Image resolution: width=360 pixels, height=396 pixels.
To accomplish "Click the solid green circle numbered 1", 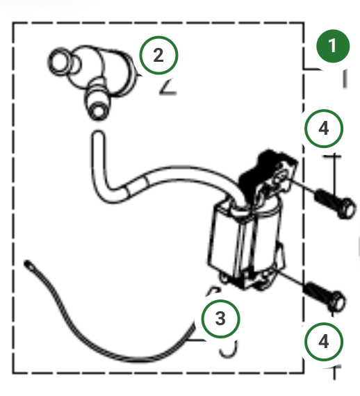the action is click(333, 46).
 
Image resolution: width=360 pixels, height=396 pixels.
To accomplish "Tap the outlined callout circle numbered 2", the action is click(158, 56).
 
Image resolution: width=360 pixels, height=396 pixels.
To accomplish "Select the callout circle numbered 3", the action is click(220, 318).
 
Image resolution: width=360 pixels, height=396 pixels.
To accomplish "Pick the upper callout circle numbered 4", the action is click(324, 129).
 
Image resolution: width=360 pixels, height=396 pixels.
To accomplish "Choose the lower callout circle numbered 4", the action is click(324, 342).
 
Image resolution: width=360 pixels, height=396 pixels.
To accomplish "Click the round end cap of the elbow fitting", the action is click(59, 62).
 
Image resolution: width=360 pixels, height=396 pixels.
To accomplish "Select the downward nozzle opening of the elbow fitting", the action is click(97, 110).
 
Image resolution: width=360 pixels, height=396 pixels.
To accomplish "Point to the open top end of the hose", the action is click(98, 134).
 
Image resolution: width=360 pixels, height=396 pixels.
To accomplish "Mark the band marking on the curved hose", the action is click(137, 184).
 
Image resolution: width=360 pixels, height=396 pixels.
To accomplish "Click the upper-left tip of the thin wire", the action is click(26, 263).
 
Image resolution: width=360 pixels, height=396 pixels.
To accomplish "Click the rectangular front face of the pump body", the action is click(224, 242).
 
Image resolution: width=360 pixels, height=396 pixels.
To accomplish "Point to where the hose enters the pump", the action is click(240, 208).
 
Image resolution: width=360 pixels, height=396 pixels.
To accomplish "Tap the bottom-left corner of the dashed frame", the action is click(13, 373).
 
